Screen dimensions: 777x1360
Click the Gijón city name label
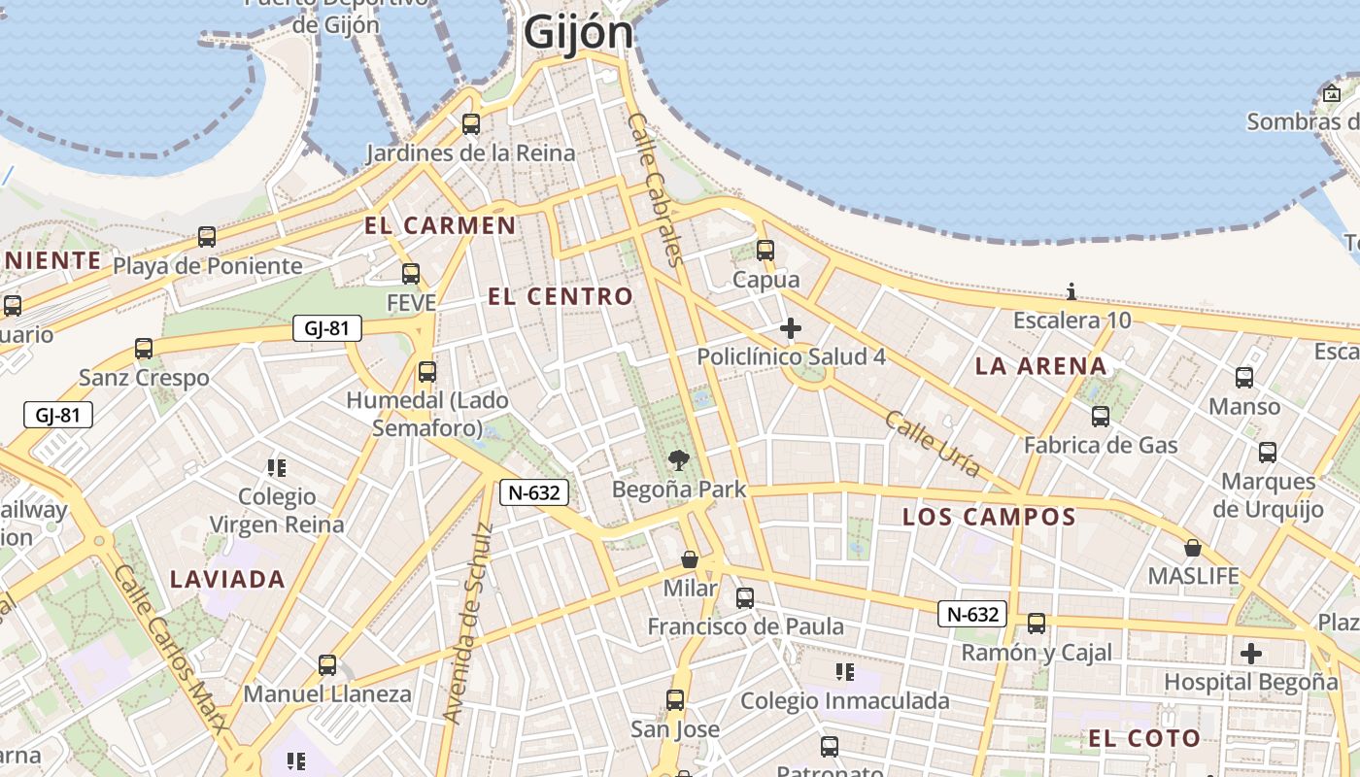(578, 32)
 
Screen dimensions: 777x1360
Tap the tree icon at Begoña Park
(679, 460)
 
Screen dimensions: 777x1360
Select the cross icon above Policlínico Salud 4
(791, 328)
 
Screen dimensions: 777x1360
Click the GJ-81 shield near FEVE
(326, 328)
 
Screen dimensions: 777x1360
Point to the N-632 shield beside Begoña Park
(533, 492)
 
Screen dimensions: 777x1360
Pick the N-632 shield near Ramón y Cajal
(971, 614)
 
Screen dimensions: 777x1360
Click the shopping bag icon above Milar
(690, 559)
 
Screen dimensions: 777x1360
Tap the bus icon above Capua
(765, 251)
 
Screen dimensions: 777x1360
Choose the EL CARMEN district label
(440, 226)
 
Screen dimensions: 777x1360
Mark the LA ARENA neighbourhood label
(1040, 366)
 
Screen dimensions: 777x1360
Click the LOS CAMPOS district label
(989, 517)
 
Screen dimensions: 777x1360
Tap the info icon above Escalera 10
(1071, 291)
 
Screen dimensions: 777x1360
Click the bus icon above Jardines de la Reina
(471, 124)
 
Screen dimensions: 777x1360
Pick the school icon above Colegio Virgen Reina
(277, 468)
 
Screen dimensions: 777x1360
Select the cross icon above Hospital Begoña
(1251, 653)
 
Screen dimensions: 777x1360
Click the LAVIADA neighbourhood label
(227, 580)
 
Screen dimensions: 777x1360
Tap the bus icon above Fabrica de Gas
(1101, 417)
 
